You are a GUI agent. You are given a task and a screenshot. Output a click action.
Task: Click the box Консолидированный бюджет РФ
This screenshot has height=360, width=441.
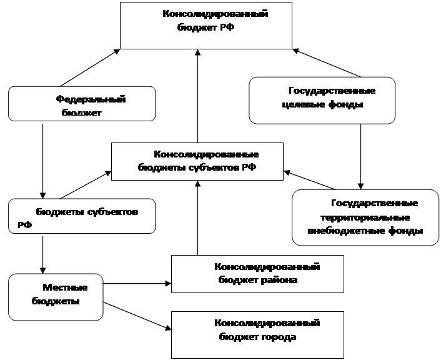[206, 26]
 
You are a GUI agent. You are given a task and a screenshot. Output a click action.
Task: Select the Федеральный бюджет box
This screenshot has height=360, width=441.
[82, 104]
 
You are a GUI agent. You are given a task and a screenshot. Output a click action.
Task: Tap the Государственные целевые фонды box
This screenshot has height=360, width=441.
[322, 101]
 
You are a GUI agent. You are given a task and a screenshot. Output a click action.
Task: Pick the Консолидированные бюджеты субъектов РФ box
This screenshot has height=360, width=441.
[197, 162]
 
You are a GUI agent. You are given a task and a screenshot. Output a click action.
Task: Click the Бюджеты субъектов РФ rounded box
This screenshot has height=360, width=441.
[82, 216]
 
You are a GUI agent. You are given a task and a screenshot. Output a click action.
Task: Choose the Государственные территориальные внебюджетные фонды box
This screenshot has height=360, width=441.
[365, 217]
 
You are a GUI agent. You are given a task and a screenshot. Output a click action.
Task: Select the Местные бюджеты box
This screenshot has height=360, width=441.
[56, 297]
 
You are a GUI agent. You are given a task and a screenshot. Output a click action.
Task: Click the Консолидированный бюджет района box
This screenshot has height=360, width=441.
[257, 274]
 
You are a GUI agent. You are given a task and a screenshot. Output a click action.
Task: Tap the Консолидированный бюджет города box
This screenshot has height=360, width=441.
[257, 335]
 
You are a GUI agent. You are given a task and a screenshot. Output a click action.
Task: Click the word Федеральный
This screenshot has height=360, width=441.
[91, 99]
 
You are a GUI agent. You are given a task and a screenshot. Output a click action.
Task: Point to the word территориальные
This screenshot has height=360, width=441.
[365, 218]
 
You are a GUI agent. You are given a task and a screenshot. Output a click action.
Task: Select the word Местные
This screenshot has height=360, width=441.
[65, 287]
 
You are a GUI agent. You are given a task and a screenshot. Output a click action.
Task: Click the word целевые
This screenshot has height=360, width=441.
[302, 105]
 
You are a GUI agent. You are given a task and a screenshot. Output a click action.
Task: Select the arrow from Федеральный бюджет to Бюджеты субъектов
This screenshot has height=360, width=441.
[42, 161]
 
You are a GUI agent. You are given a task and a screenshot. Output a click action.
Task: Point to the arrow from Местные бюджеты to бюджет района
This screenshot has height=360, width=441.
[137, 284]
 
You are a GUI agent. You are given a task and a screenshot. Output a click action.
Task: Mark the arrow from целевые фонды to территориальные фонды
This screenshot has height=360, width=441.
[361, 157]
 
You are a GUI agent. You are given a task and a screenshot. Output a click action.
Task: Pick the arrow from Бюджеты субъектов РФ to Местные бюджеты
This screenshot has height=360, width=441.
[42, 255]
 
